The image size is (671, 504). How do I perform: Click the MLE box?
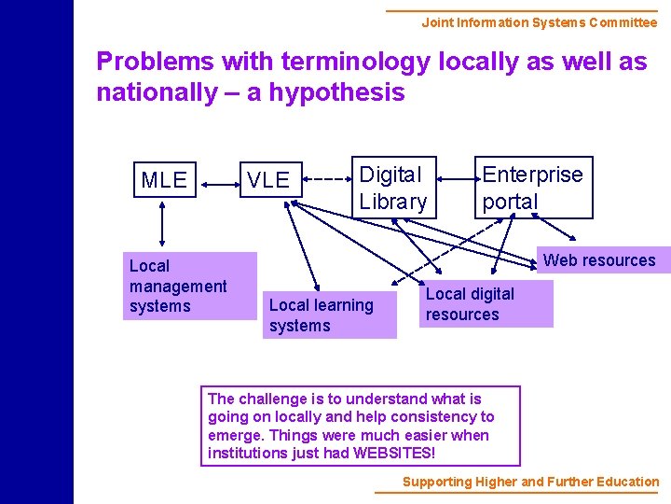[x=164, y=179]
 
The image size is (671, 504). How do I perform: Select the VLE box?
[x=268, y=180]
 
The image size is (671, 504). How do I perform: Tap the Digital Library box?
[x=392, y=187]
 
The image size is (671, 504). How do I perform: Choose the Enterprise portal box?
[x=532, y=187]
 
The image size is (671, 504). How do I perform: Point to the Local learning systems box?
[x=328, y=315]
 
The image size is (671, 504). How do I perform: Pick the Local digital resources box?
[x=486, y=304]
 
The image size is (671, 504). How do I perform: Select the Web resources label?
[x=599, y=260]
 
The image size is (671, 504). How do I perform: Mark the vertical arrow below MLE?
[x=164, y=223]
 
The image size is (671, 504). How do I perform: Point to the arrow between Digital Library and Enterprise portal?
[x=457, y=179]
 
